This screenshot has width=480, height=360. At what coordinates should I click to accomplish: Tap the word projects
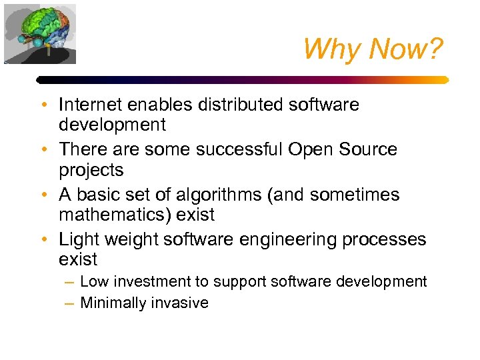click(91, 171)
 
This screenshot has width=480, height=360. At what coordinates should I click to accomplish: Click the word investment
click(140, 282)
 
